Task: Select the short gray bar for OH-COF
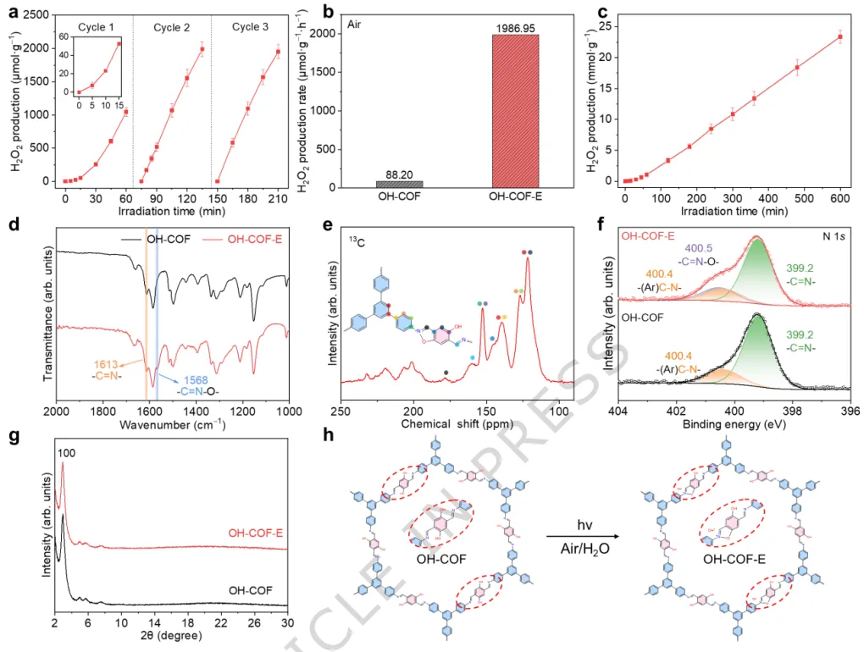click(x=399, y=184)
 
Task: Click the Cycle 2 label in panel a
click(x=172, y=28)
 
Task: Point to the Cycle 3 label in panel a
click(x=250, y=28)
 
